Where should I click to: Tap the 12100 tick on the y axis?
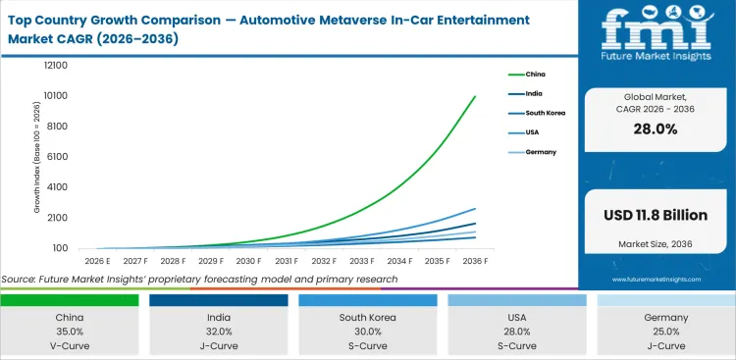[54, 66]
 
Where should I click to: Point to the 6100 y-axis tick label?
[57, 157]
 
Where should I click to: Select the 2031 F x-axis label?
[287, 261]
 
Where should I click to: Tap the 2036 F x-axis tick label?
[475, 261]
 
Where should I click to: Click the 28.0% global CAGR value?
[656, 129]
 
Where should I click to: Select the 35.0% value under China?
[69, 333]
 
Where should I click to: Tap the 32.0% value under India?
[218, 333]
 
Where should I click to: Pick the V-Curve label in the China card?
[69, 345]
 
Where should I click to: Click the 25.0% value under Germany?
[665, 333]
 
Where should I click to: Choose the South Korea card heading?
[367, 318]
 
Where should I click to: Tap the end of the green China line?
[476, 96]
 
